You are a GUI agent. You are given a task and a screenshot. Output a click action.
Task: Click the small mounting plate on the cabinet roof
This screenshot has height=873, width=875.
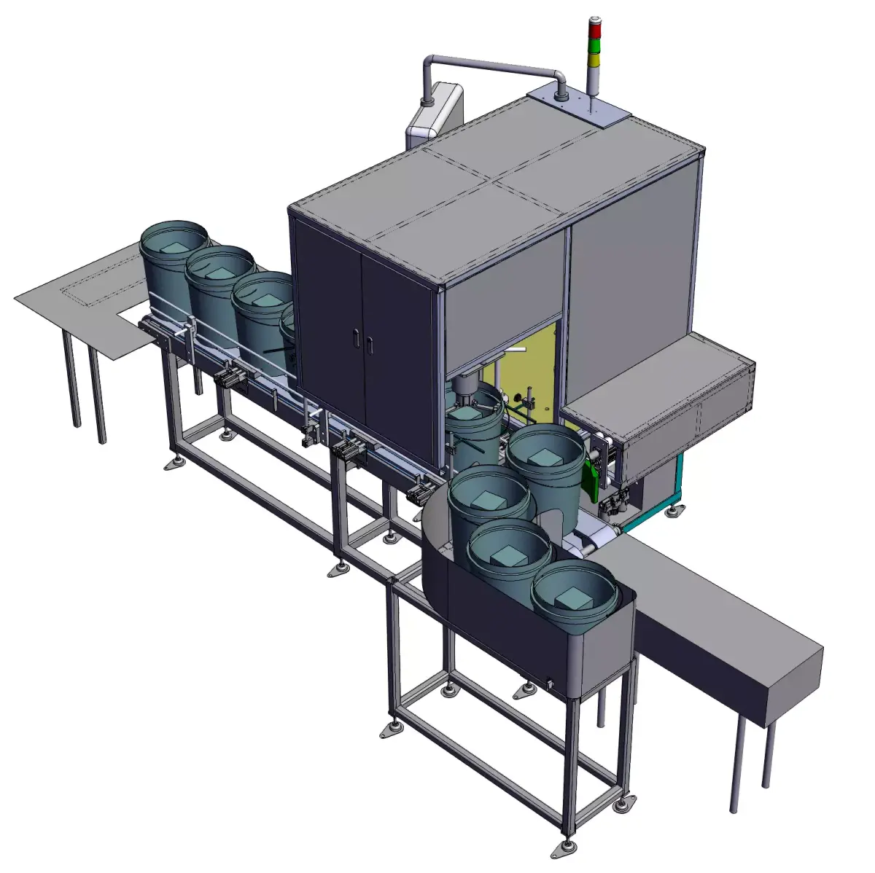click(579, 106)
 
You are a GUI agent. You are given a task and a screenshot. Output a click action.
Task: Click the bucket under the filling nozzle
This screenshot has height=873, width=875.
click(475, 430)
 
